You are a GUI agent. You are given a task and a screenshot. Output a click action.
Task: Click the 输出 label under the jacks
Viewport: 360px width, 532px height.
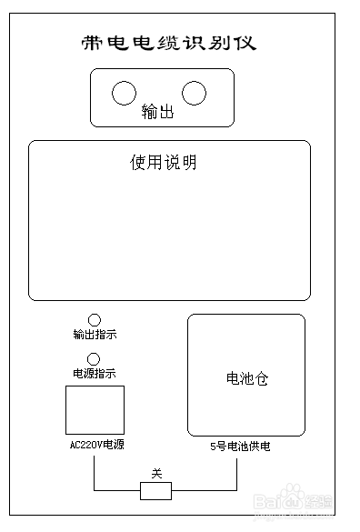click(x=157, y=113)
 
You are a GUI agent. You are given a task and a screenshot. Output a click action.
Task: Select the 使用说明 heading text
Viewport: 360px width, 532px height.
click(x=164, y=163)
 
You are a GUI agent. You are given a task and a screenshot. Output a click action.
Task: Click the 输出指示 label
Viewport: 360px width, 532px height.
click(x=95, y=335)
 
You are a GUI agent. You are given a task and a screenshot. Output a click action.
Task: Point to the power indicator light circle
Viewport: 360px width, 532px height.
click(x=93, y=358)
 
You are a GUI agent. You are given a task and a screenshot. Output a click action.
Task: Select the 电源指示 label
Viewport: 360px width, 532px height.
click(x=95, y=374)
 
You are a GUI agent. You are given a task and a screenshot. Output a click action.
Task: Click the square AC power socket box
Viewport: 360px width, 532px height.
click(x=95, y=410)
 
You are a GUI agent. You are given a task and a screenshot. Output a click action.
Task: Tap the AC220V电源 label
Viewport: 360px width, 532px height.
click(x=96, y=446)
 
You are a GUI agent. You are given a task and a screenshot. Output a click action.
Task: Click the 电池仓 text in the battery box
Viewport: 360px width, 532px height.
click(x=246, y=378)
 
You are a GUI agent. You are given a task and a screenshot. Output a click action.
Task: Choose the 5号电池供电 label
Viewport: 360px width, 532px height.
click(x=240, y=447)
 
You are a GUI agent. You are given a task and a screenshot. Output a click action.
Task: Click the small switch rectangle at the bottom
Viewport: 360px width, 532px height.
click(x=155, y=491)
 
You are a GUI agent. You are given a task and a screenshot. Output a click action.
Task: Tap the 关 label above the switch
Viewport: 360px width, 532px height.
click(x=155, y=474)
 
